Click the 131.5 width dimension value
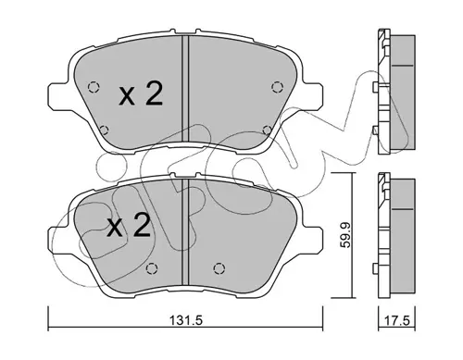(185, 321)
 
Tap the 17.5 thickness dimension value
(397, 321)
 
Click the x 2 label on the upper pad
(141, 93)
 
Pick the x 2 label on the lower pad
(129, 226)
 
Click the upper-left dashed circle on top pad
(94, 87)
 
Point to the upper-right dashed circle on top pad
(277, 87)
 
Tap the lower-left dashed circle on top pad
(105, 130)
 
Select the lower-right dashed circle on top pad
(268, 130)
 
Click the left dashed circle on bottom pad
(152, 268)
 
